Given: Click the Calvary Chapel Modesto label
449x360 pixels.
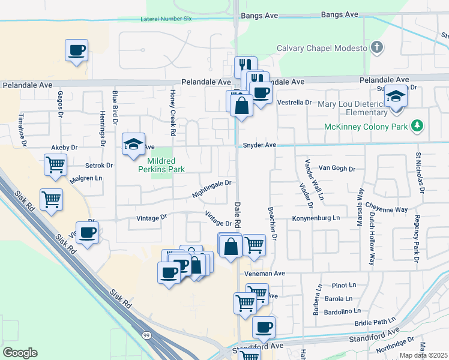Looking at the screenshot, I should pos(321,48).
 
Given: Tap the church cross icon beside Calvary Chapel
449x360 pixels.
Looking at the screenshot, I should pos(376,47).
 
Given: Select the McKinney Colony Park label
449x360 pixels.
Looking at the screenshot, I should pos(366,127).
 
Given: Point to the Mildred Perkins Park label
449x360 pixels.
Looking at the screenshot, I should pos(161,165).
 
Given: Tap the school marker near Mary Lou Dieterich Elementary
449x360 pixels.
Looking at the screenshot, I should pos(396,97).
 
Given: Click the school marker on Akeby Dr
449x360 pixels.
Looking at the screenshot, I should pos(133,144).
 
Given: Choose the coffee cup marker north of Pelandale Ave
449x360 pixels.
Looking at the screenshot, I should pos(76,50).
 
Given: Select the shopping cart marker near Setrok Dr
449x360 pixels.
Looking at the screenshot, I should pos(56,163).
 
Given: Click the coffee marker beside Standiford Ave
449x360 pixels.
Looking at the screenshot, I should pos(264,328).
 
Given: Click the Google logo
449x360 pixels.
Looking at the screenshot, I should pos(20,353).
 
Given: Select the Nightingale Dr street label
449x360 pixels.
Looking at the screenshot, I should pos(211,189).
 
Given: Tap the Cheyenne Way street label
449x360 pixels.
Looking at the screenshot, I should pos(388,209).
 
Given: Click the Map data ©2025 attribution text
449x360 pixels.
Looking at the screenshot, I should pos(423,355).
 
